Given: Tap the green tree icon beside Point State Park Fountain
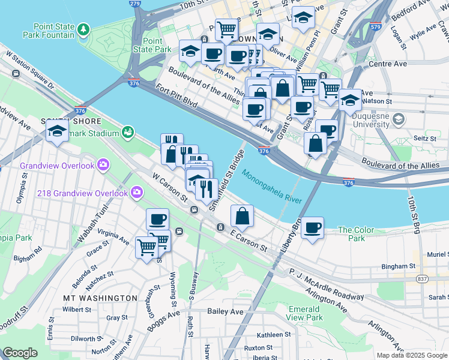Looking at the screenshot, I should [84, 29].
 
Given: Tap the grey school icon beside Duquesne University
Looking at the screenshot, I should [397, 121].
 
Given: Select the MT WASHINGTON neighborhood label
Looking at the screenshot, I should [100, 298].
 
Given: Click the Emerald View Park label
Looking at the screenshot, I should [304, 313].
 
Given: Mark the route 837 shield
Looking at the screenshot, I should [423, 280].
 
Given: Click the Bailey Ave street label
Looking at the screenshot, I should [225, 311].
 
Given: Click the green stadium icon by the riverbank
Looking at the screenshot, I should [127, 131].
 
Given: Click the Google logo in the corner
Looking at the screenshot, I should [20, 353].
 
